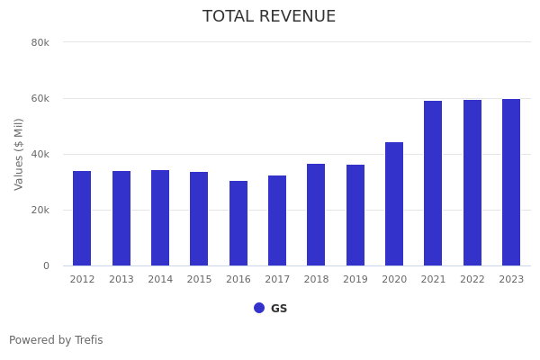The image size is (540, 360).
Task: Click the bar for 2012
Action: [x=82, y=218]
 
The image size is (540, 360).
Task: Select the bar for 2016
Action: [x=238, y=223]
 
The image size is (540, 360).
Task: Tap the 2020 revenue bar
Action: [x=394, y=203]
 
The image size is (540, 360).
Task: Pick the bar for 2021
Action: [x=433, y=183]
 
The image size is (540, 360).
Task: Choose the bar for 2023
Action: [x=511, y=182]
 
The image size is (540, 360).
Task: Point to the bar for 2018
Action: [x=316, y=214]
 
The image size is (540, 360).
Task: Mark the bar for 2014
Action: [x=160, y=218]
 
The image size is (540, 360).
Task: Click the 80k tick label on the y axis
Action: [x=40, y=42]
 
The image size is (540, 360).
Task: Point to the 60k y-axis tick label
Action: [x=40, y=98]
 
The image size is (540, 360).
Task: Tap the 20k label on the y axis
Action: [x=40, y=210]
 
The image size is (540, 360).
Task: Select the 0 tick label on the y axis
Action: [x=45, y=265]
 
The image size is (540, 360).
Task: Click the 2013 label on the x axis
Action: [x=121, y=279]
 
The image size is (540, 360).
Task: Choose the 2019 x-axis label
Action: [x=355, y=279]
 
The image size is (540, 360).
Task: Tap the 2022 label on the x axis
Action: [x=472, y=279]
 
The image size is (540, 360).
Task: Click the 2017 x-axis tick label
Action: [x=277, y=279]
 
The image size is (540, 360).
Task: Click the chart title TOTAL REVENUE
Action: [x=269, y=17]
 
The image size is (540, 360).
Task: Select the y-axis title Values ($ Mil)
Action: [x=19, y=154]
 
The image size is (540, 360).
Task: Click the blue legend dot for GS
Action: [x=259, y=308]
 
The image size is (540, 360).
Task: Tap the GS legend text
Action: [x=279, y=309]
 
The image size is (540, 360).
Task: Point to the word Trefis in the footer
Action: [x=88, y=340]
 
